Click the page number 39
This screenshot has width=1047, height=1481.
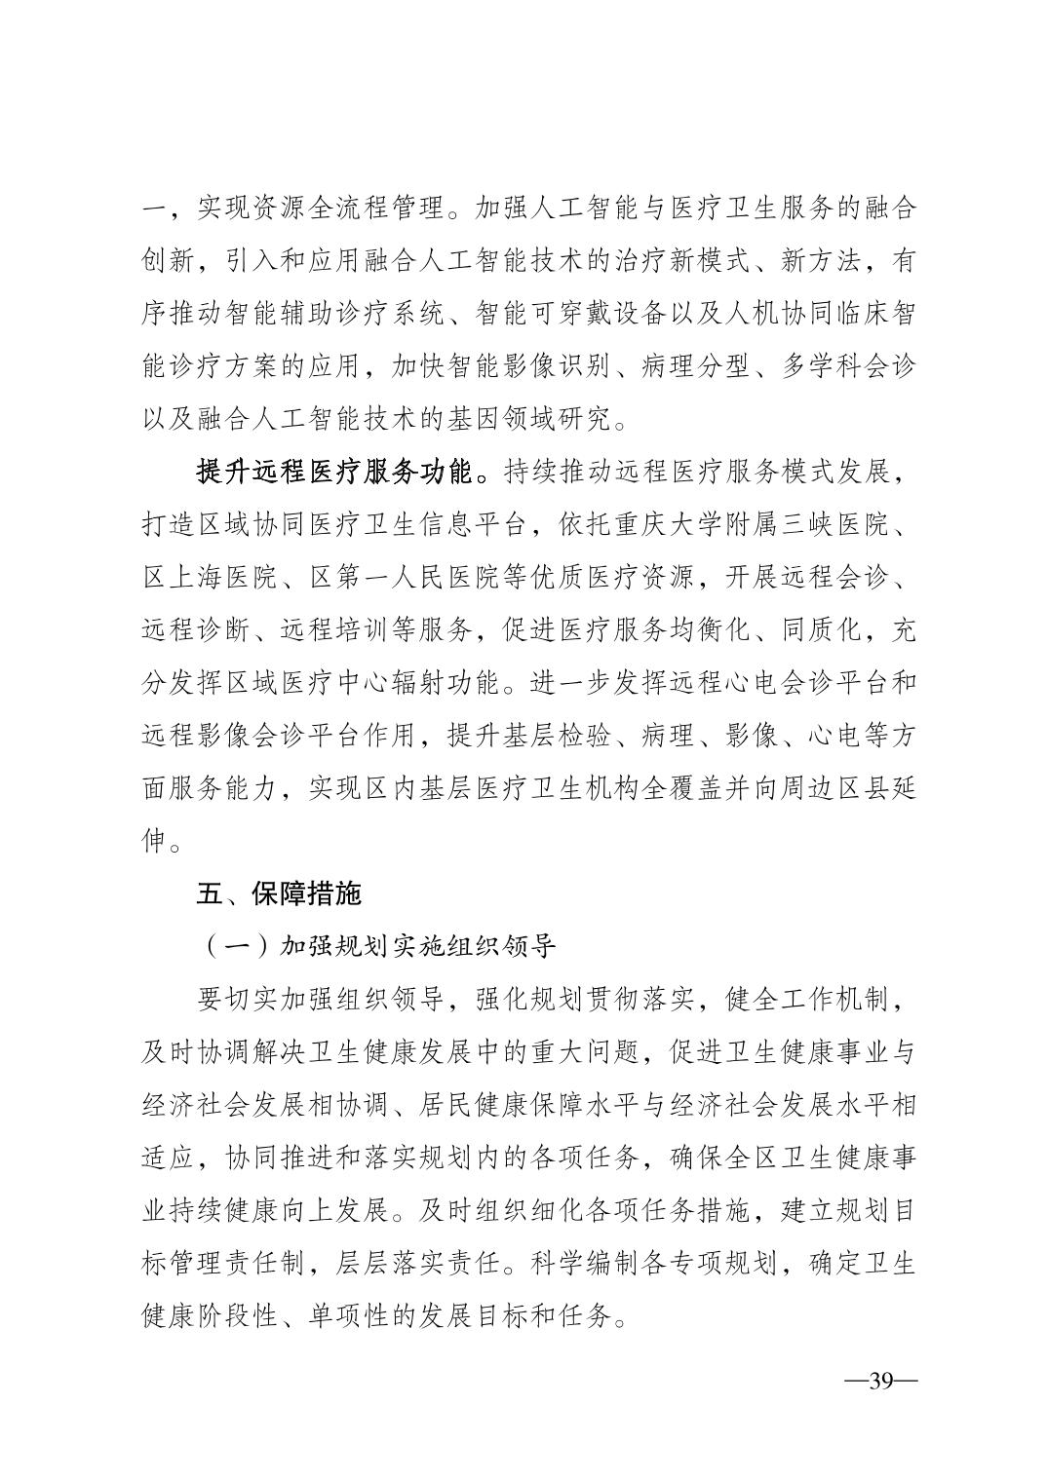pos(880,1382)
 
